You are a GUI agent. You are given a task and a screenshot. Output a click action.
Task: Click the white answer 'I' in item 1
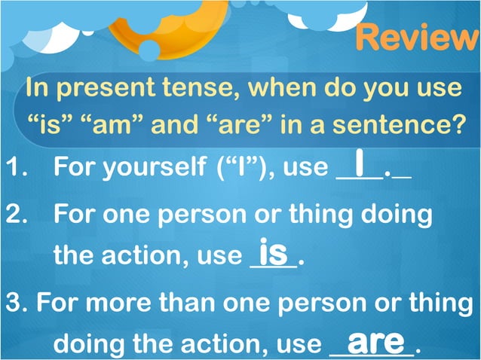[x=361, y=163]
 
